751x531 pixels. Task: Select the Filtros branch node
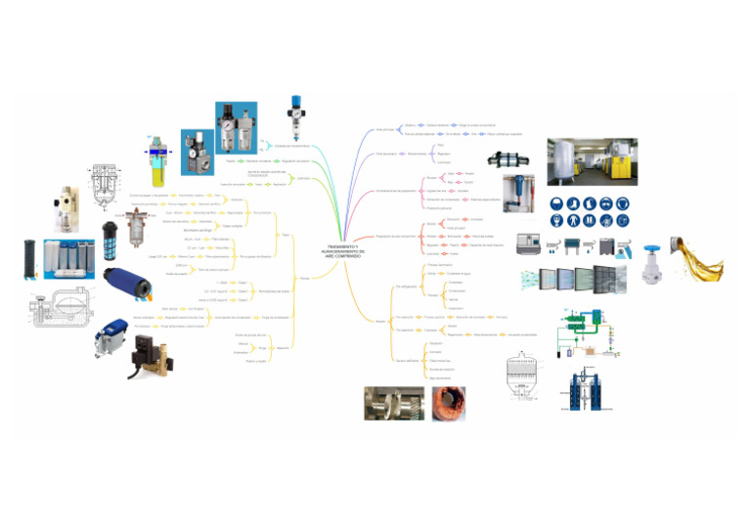305,278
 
